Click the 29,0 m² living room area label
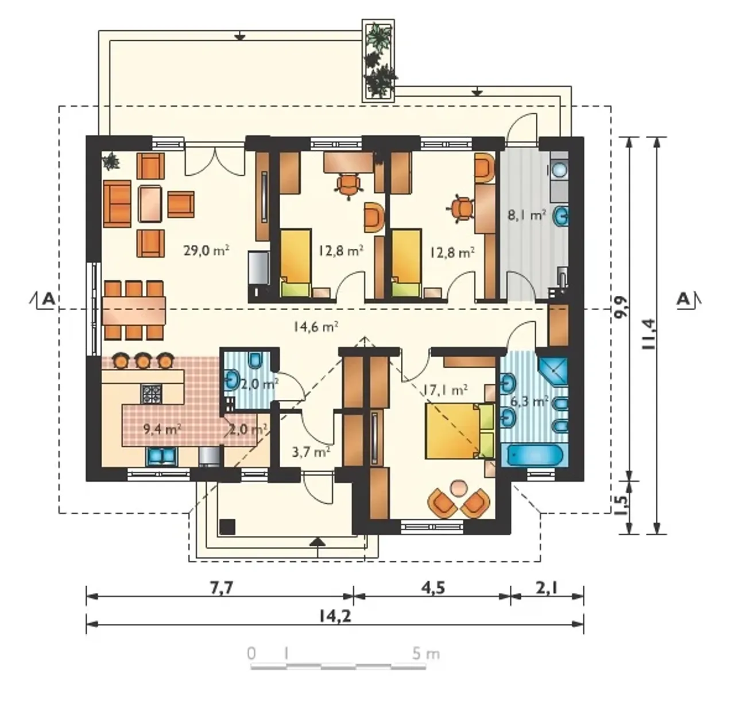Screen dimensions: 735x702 click(206, 250)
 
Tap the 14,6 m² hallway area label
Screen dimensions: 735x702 click(315, 326)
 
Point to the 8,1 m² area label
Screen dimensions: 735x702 click(527, 215)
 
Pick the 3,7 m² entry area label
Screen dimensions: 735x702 click(311, 451)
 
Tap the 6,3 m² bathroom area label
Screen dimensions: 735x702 click(529, 401)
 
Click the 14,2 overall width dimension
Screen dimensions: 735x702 click(335, 616)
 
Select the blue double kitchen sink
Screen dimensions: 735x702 click(161, 456)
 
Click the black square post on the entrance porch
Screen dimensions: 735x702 click(227, 527)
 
